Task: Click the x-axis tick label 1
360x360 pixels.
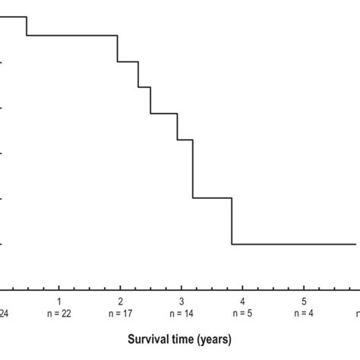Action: (x=59, y=302)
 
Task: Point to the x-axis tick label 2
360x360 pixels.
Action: (x=120, y=302)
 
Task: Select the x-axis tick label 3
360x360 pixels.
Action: (x=182, y=302)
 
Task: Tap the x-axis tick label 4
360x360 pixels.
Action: (x=243, y=302)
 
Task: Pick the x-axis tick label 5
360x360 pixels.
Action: (x=304, y=302)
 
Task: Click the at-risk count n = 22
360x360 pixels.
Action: (x=59, y=313)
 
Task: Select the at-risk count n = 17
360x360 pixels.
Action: (x=120, y=313)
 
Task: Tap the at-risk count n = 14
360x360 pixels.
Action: (x=182, y=313)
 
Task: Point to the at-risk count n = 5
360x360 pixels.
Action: (x=243, y=313)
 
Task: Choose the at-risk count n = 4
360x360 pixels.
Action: (x=304, y=313)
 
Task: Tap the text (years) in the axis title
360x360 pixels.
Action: (x=216, y=338)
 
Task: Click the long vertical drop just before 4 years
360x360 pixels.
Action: (x=232, y=221)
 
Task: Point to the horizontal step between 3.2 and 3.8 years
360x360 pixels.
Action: (x=212, y=198)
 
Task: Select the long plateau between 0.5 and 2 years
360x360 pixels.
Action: (x=72, y=35)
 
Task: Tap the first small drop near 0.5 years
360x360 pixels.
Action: (x=27, y=26)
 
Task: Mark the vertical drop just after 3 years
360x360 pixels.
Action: (x=193, y=169)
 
